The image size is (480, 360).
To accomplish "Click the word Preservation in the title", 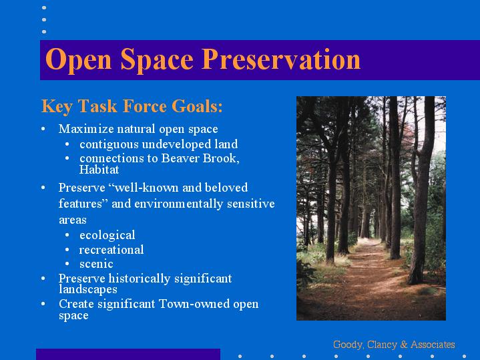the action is [280, 59].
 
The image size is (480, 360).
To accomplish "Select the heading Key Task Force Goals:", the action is [132, 106].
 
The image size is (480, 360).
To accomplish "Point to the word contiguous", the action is [109, 145].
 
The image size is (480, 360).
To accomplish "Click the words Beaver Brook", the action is [200, 158].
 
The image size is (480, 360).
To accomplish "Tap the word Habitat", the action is [99, 170].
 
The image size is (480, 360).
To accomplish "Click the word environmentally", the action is [179, 204].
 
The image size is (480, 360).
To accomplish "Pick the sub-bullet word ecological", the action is [107, 235].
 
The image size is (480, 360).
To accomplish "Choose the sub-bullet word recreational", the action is [111, 250].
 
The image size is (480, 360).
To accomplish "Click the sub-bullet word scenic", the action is [96, 264].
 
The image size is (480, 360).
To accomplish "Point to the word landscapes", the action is [88, 289].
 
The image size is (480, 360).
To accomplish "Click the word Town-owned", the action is [194, 304].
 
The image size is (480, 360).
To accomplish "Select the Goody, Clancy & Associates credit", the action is [394, 345].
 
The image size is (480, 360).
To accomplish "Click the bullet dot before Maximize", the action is [43, 129].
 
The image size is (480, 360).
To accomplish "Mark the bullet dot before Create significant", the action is [43, 304].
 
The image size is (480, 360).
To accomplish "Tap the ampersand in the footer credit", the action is [404, 345].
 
